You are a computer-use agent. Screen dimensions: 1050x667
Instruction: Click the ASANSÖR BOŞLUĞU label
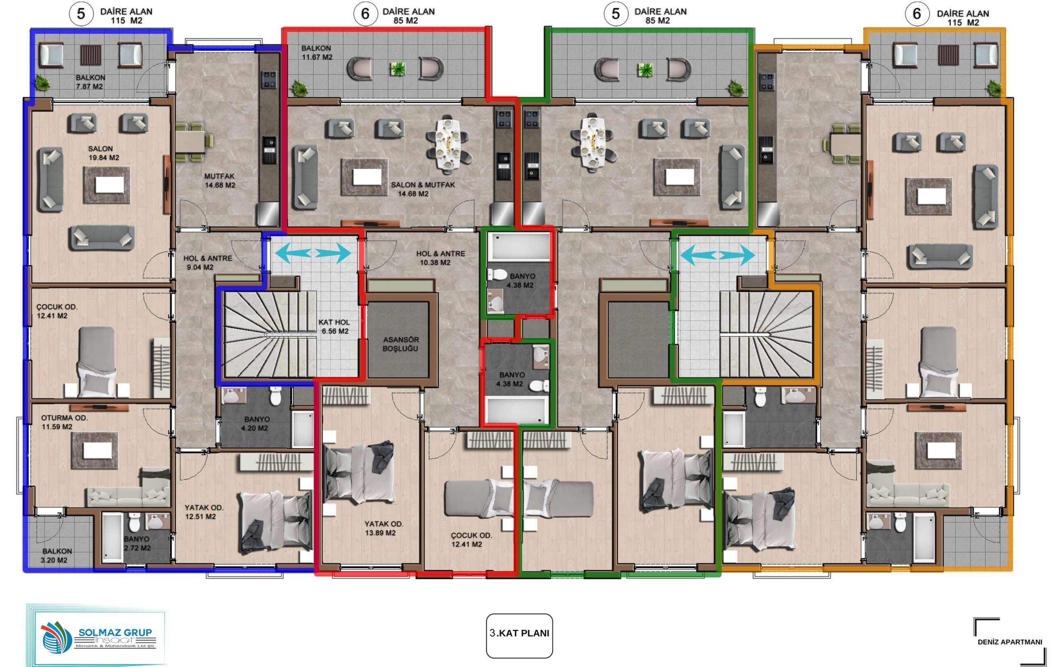click(x=400, y=344)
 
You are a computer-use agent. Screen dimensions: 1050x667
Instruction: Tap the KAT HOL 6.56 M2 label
click(x=334, y=326)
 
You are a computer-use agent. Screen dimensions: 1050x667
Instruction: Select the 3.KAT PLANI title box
click(x=519, y=636)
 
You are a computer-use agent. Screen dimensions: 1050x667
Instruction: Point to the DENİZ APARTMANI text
click(x=1010, y=642)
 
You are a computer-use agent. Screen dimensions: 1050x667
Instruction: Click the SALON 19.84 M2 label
click(x=103, y=153)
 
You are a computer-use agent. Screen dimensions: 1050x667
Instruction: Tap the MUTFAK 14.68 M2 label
click(x=220, y=180)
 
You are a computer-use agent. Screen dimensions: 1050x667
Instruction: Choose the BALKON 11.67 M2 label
click(x=317, y=52)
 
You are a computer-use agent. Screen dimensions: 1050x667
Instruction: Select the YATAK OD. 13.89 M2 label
click(x=384, y=528)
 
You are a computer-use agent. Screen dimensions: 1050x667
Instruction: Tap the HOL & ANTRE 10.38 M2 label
click(x=440, y=257)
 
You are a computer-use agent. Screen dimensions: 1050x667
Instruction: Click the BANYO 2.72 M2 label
click(x=137, y=544)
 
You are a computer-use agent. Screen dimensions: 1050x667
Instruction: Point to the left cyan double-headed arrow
click(x=313, y=253)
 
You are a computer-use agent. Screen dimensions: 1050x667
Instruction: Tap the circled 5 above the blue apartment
click(x=81, y=14)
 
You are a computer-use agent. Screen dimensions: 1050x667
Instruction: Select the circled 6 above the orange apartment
click(x=917, y=14)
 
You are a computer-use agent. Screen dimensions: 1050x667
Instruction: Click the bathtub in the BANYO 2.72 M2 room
click(x=112, y=537)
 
